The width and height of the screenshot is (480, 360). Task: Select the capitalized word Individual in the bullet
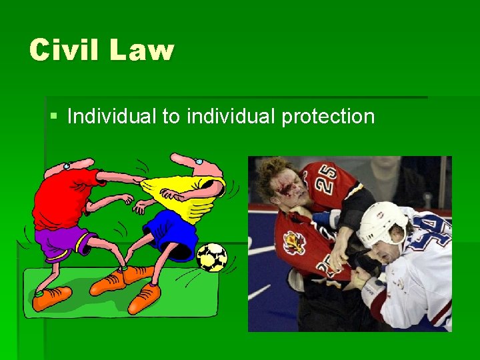[111, 117]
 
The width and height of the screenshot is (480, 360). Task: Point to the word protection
[328, 117]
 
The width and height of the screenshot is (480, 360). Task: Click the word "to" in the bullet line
[171, 117]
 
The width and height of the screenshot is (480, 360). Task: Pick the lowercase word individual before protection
[231, 117]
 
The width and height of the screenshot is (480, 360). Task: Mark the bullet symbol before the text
[53, 117]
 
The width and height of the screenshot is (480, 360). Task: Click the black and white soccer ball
[212, 257]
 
